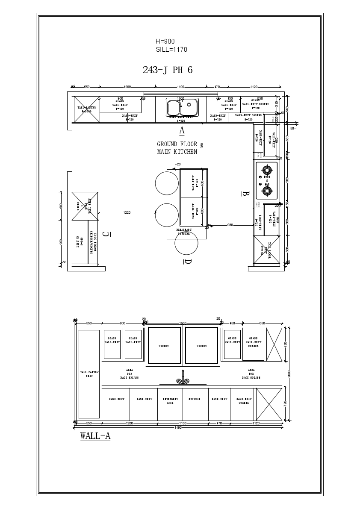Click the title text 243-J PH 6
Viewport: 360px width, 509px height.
pos(168,71)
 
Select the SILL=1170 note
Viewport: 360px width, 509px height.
pos(171,50)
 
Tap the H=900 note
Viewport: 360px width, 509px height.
pos(165,41)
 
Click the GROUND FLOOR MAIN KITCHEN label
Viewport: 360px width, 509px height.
pos(177,148)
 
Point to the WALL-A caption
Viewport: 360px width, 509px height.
pos(95,436)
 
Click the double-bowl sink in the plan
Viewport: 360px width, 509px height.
pos(182,108)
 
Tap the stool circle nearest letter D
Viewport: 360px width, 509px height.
pos(186,243)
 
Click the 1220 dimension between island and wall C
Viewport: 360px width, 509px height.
pos(127,212)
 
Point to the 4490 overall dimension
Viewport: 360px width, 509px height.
pos(178,427)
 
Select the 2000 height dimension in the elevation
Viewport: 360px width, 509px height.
pos(289,374)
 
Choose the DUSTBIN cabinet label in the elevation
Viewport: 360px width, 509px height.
pos(195,399)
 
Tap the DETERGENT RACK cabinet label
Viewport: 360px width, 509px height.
pos(170,401)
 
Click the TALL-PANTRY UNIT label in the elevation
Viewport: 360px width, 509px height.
pos(89,374)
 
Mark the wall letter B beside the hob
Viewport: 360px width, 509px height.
pos(245,193)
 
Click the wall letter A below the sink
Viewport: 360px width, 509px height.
pos(182,130)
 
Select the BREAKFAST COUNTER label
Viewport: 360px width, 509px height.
pos(184,232)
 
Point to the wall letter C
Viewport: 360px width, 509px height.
pos(106,234)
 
